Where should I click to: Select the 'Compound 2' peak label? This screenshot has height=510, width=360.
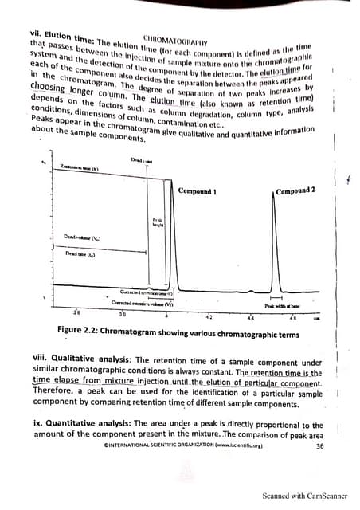[295, 190]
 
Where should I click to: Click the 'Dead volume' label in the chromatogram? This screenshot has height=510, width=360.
[82, 237]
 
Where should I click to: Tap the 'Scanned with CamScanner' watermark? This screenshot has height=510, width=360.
[302, 496]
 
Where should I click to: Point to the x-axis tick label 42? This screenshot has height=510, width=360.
[209, 317]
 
